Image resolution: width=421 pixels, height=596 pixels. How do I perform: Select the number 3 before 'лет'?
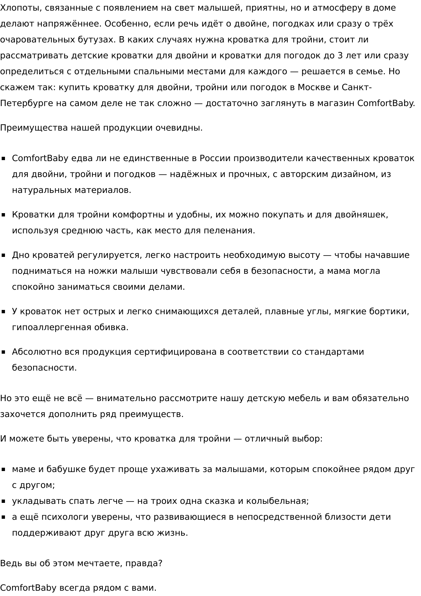pos(340,56)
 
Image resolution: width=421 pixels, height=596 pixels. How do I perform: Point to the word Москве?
pos(314,88)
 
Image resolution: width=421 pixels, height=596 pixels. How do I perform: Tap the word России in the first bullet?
pos(215,158)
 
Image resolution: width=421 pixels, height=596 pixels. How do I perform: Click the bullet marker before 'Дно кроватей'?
pos(4,256)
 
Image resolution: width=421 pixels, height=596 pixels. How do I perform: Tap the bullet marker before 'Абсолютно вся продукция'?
pos(4,352)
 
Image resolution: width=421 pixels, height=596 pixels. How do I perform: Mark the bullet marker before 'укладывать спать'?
pos(4,502)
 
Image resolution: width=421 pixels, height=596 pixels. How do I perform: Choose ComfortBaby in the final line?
pos(28,588)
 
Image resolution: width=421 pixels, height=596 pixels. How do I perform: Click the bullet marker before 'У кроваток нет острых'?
pos(4,312)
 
